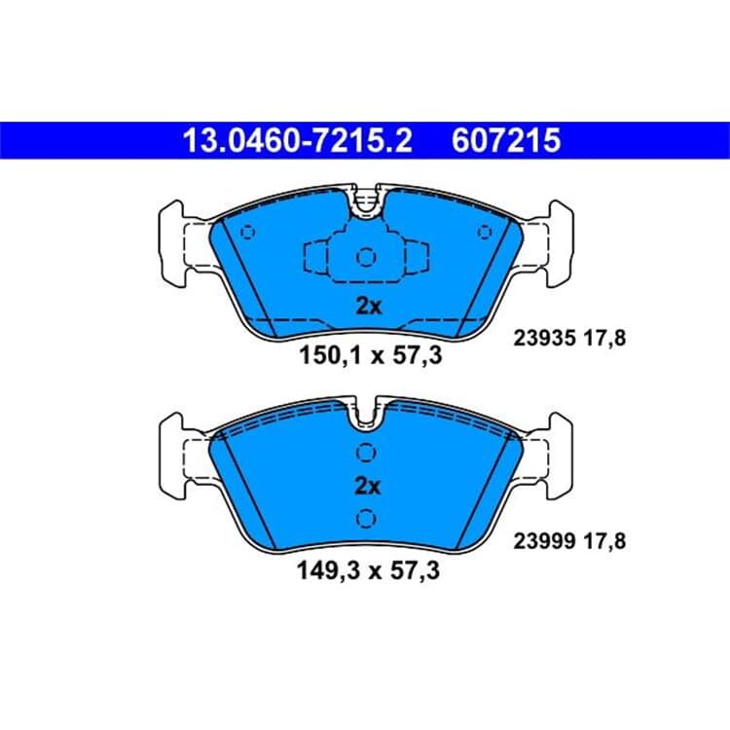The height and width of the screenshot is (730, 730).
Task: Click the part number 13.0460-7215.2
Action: (x=298, y=140)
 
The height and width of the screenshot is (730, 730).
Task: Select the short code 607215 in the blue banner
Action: (x=506, y=140)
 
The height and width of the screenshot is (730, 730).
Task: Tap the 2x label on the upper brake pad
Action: (x=368, y=307)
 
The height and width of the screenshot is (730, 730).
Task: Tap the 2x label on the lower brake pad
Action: (x=367, y=486)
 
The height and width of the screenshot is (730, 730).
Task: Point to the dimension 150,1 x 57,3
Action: (x=370, y=356)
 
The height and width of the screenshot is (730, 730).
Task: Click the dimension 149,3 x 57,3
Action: (x=368, y=570)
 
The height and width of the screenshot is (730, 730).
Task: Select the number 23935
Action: (x=544, y=338)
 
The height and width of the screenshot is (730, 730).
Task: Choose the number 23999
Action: (x=544, y=541)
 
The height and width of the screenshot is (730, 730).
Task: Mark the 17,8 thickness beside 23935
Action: (x=604, y=339)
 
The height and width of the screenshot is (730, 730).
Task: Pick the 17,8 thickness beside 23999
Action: (x=604, y=541)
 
